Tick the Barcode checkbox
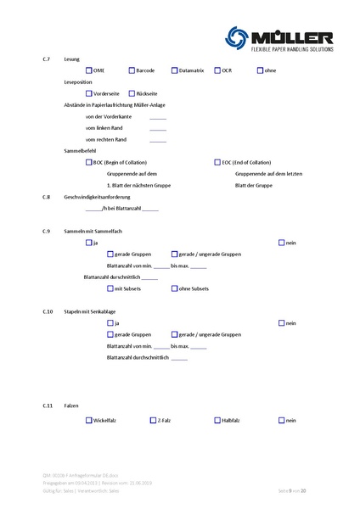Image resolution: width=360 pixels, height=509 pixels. pos(132,70)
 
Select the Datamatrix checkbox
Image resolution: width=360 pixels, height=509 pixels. pos(174,70)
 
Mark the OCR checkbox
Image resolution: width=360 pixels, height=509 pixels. pos(217,70)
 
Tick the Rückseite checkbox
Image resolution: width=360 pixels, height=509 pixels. pos(131,93)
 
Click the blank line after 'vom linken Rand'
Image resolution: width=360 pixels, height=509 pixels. pos(158,129)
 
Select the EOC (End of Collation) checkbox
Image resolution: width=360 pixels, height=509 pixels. pos(217,161)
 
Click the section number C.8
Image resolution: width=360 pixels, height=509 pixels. pos(48,196)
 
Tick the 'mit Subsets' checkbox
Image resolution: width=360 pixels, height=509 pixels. pos(110,289)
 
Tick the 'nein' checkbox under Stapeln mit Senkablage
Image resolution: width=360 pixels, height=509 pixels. pos(282,323)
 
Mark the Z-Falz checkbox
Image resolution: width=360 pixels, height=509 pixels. pos(153,420)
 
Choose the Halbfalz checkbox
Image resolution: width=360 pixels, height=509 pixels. pos(217,420)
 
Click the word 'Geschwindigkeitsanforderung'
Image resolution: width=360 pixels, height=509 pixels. pos(93,196)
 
